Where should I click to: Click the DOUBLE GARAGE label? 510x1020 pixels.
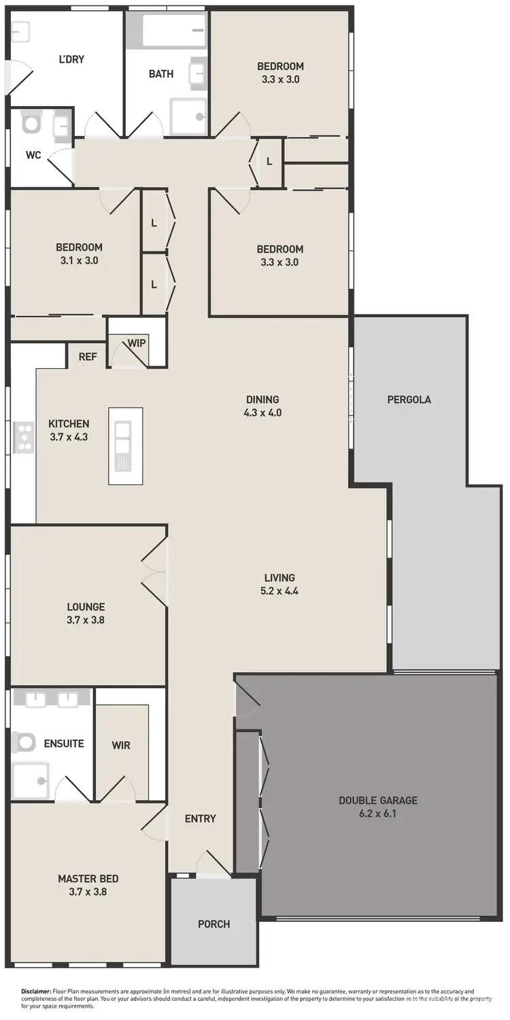(x=378, y=800)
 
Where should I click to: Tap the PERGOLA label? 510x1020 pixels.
(x=409, y=399)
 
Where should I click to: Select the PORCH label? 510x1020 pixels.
(x=214, y=924)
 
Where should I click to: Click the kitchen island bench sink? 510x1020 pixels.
(x=124, y=438)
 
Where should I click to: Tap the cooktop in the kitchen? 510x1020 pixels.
(x=24, y=437)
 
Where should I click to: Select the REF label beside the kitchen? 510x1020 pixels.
(x=87, y=356)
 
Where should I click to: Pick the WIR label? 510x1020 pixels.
(x=121, y=745)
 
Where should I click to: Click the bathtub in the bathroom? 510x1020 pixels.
(x=175, y=31)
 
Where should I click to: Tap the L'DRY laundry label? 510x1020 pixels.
(x=71, y=59)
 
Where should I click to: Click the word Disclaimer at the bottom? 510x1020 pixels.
(x=36, y=992)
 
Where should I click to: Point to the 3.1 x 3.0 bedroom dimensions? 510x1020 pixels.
(x=79, y=260)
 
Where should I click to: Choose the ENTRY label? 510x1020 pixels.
(x=200, y=819)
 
